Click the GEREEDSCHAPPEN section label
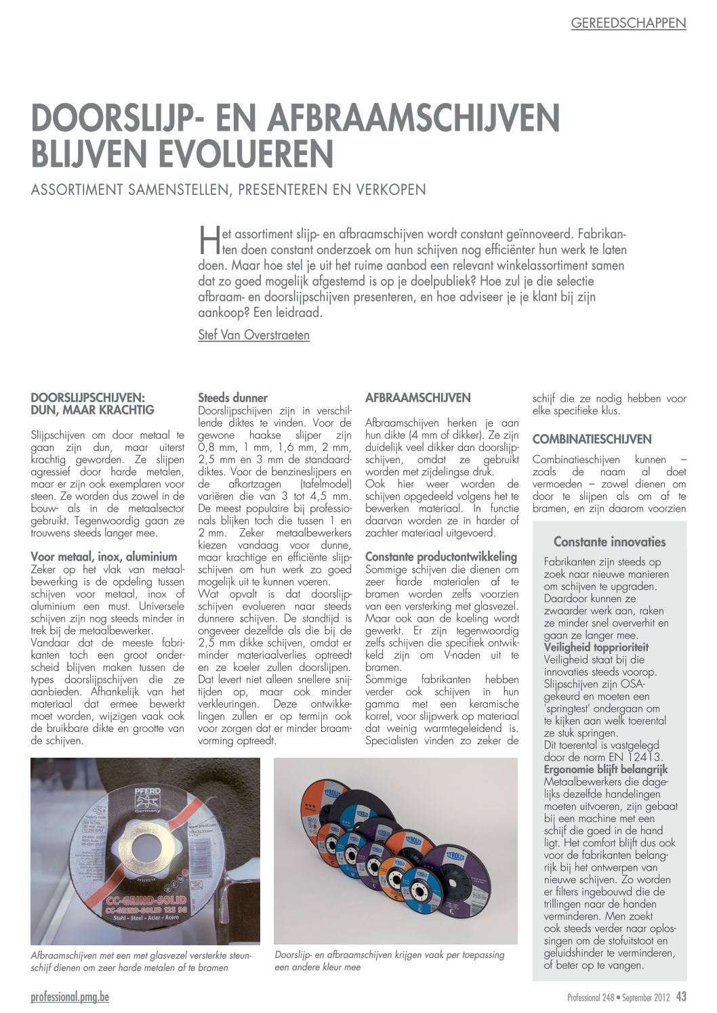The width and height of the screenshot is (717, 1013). (x=628, y=23)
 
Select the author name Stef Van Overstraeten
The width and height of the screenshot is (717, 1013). (x=253, y=335)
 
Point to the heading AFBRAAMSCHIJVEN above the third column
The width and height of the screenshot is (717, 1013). (x=417, y=398)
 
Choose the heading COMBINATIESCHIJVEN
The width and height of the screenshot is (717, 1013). (x=592, y=439)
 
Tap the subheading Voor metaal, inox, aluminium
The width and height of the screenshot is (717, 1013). (x=104, y=557)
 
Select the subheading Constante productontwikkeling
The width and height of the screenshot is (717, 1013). (x=441, y=557)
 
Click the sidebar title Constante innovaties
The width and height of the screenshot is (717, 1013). (x=609, y=542)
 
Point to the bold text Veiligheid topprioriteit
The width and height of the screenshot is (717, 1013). (x=596, y=647)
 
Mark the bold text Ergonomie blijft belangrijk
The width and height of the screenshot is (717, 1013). (x=605, y=769)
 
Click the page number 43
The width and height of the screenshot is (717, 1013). (x=681, y=997)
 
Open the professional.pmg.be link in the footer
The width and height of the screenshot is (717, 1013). (x=70, y=997)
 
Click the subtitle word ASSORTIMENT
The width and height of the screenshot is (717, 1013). (x=77, y=190)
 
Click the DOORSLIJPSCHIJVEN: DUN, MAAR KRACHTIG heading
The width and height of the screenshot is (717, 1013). (x=93, y=404)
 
